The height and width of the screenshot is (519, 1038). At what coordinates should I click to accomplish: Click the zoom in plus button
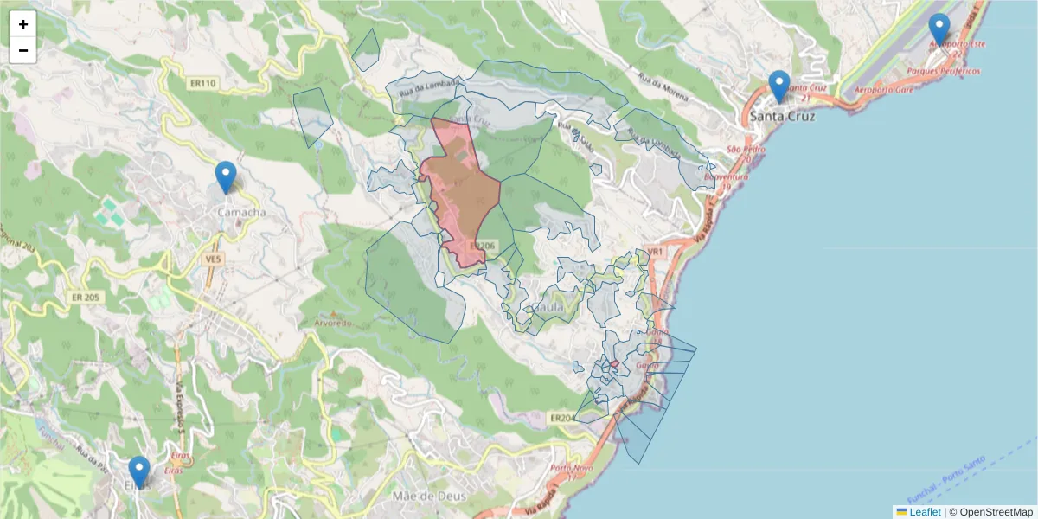(x=23, y=24)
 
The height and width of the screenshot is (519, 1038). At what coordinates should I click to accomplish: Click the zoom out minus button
(x=23, y=50)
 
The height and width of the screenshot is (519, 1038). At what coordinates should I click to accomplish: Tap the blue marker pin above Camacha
(x=226, y=176)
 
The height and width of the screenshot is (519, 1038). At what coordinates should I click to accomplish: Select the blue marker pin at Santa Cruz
(x=779, y=86)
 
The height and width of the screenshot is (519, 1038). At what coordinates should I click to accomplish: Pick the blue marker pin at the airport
(x=939, y=29)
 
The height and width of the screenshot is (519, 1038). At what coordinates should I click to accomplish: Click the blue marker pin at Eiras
(x=138, y=471)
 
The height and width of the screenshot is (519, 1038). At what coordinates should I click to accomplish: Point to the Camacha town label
(x=241, y=212)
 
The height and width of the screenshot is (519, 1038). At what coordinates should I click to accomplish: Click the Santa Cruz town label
(x=783, y=115)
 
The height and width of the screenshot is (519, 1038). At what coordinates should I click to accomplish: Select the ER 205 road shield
(x=86, y=297)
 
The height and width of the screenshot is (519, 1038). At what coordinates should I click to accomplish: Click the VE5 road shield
(x=214, y=259)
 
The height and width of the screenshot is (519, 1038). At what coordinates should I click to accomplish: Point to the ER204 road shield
(x=562, y=419)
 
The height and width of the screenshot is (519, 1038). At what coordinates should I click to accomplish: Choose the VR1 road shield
(x=655, y=252)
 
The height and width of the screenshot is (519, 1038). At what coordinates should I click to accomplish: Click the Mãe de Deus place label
(x=429, y=497)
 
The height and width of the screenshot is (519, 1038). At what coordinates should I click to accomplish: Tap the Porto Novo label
(x=569, y=469)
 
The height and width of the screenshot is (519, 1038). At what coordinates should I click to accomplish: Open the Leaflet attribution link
(x=924, y=512)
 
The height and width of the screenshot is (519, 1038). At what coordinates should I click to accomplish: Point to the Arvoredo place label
(x=333, y=323)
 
